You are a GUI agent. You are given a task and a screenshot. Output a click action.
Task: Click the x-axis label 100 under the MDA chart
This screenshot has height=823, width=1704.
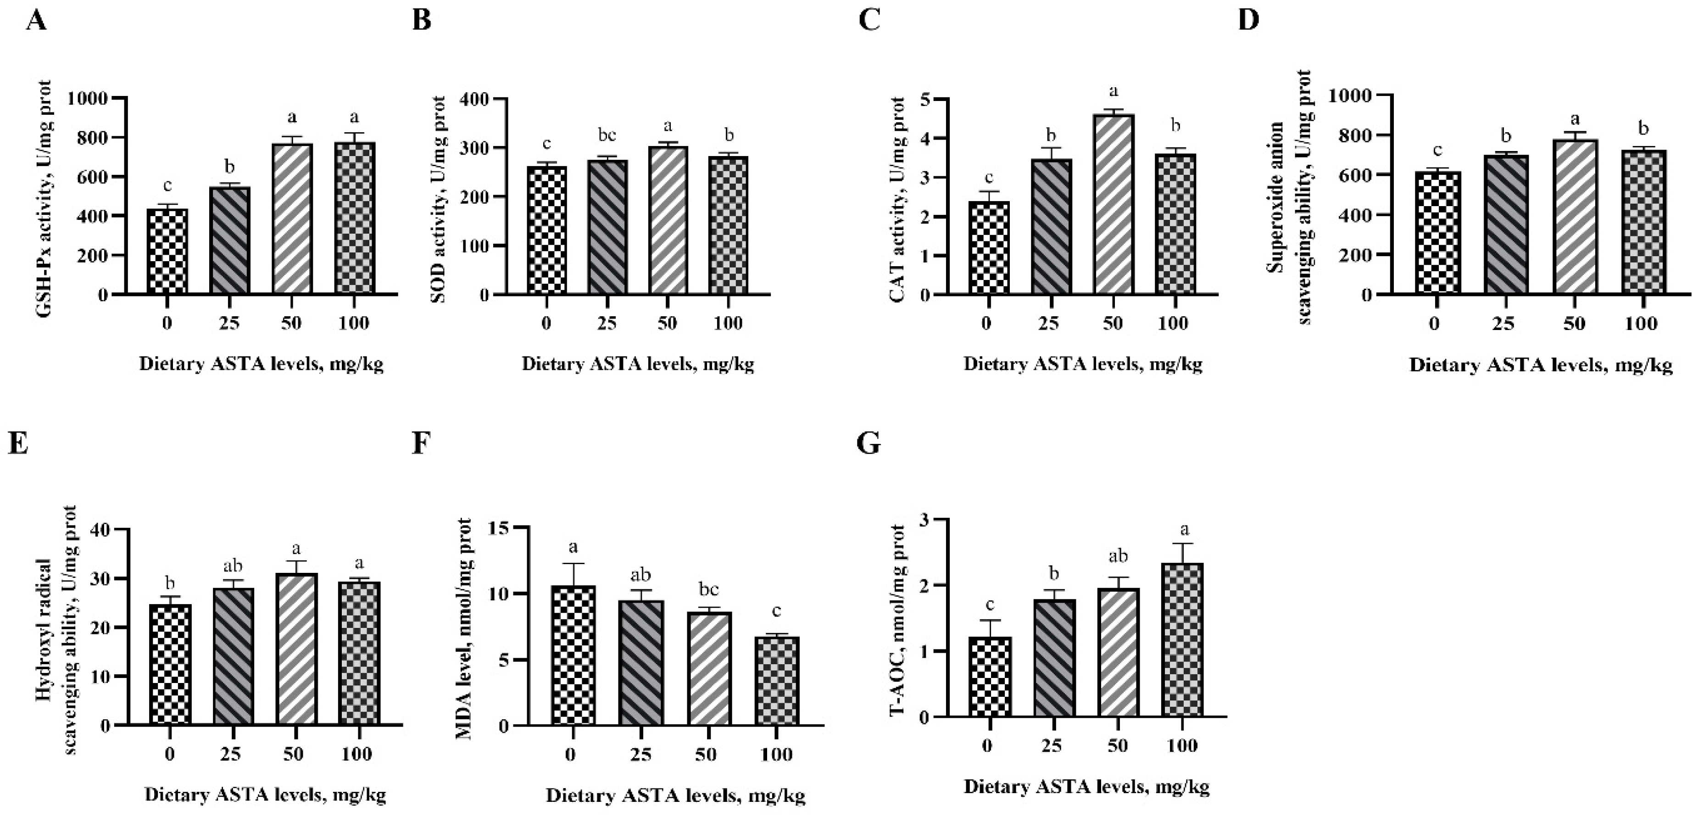(x=777, y=755)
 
